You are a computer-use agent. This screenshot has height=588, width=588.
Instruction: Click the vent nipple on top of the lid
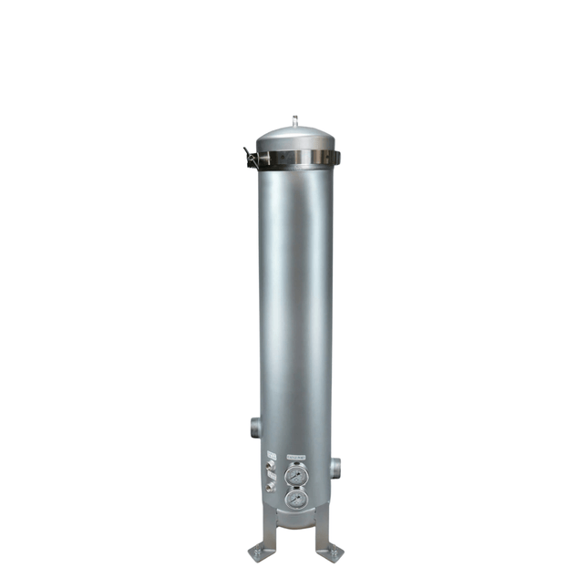point(294,120)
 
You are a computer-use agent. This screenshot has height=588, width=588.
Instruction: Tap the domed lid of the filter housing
point(294,138)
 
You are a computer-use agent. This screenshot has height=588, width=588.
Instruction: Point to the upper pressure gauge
point(295,476)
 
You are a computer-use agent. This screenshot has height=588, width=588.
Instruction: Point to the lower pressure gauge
point(295,500)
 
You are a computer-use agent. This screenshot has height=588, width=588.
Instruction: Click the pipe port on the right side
point(335,469)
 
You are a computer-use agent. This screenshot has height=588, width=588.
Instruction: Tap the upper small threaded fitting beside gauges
point(271,467)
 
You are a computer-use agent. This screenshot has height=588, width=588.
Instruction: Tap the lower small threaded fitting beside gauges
point(271,487)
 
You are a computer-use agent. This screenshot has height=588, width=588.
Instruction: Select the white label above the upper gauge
point(295,458)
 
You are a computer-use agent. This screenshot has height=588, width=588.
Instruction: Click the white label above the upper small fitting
point(271,455)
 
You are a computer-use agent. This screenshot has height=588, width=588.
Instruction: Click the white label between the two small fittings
point(271,477)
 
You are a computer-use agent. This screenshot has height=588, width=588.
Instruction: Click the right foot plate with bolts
point(330,553)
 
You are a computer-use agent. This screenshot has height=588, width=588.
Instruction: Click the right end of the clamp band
point(335,159)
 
